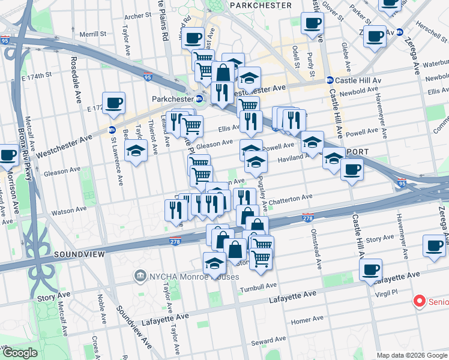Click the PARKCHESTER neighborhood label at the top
coord(261,5)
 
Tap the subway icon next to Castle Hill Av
coord(330,80)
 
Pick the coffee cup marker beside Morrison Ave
coord(8,154)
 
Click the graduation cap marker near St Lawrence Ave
coord(136,150)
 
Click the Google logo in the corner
coord(20,353)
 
